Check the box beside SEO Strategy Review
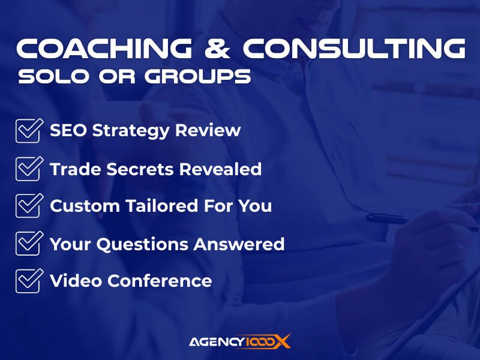tap(28, 130)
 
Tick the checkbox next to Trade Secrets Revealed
tap(28, 168)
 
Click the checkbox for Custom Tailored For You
tap(28, 205)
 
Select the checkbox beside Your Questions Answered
tap(28, 243)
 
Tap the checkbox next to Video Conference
tap(28, 280)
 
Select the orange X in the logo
tap(283, 341)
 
